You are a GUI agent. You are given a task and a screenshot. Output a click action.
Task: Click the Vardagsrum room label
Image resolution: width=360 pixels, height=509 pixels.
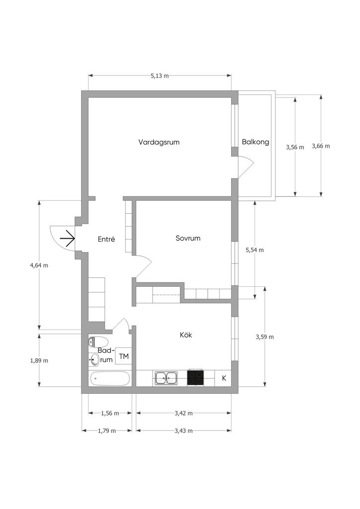pyautogui.click(x=159, y=142)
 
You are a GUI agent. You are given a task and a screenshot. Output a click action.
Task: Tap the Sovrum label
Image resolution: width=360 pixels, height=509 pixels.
pyautogui.click(x=188, y=238)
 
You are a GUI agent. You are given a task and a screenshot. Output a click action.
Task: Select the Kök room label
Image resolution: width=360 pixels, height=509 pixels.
pyautogui.click(x=185, y=335)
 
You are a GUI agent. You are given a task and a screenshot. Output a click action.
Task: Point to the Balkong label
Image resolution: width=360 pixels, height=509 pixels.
pyautogui.click(x=256, y=142)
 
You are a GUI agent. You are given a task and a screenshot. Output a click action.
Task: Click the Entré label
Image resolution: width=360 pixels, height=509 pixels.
pyautogui.click(x=106, y=239)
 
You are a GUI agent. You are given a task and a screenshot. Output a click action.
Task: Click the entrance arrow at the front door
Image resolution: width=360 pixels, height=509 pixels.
pyautogui.click(x=68, y=239)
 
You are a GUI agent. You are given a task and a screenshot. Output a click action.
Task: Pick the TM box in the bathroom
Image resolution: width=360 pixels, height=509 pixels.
pyautogui.click(x=124, y=356)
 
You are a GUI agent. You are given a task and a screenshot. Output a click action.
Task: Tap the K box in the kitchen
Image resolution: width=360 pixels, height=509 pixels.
pyautogui.click(x=223, y=378)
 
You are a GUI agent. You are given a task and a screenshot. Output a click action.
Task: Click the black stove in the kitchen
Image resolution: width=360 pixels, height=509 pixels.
pyautogui.click(x=195, y=378)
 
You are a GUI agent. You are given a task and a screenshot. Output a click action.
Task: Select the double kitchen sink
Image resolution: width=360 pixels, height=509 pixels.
pyautogui.click(x=166, y=378)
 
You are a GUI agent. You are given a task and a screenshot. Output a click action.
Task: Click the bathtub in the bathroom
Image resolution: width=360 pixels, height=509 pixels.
pyautogui.click(x=110, y=378)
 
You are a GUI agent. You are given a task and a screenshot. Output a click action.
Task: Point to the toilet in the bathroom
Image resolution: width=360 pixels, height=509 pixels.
pyautogui.click(x=98, y=342)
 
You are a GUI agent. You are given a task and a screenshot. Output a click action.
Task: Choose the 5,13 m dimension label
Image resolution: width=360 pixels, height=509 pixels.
pyautogui.click(x=160, y=76)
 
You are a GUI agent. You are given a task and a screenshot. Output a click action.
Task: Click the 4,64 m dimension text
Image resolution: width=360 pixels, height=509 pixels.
pyautogui.click(x=39, y=265)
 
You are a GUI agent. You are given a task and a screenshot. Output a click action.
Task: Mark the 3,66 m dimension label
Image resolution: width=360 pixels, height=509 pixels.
pyautogui.click(x=321, y=146)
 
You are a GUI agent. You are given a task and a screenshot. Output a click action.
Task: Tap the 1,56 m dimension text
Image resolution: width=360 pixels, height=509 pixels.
pyautogui.click(x=110, y=413)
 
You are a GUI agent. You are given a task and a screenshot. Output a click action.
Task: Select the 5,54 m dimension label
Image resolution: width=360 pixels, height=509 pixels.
pyautogui.click(x=255, y=250)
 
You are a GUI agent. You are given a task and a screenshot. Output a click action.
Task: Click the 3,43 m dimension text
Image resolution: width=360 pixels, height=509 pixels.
pyautogui.click(x=183, y=431)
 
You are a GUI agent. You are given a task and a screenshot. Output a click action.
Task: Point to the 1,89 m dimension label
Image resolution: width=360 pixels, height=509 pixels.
pyautogui.click(x=39, y=360)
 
